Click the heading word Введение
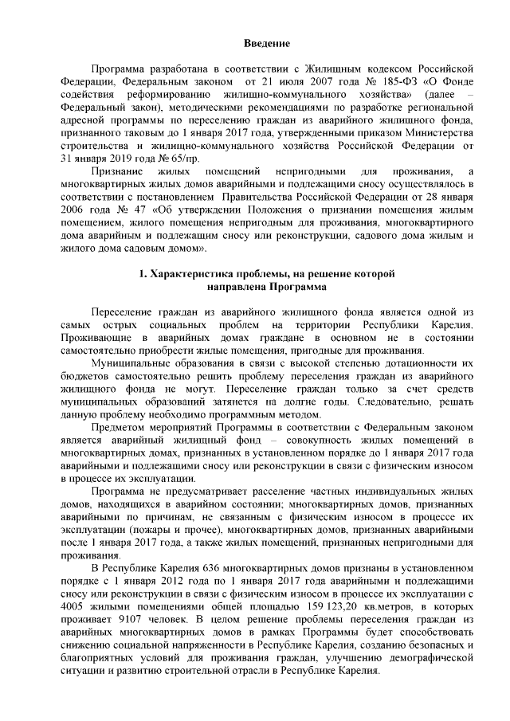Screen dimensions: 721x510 [266, 42]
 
